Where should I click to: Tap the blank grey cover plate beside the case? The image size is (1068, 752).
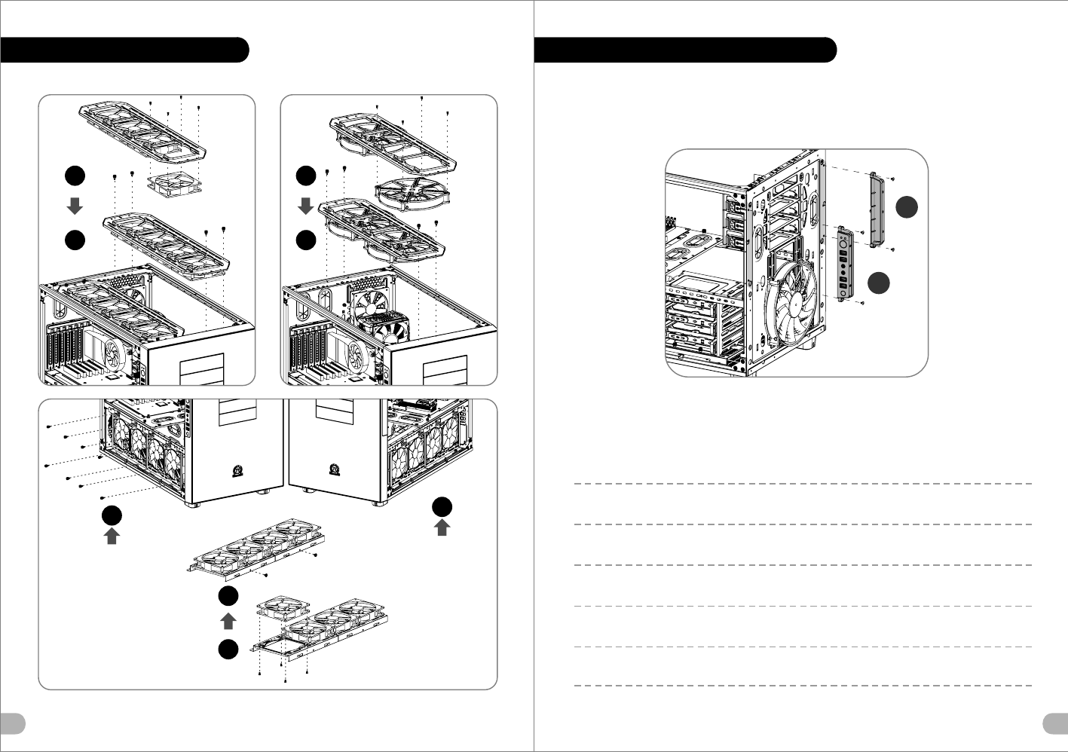876,208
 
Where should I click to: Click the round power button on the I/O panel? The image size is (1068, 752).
843,243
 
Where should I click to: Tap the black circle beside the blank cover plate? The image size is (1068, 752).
907,207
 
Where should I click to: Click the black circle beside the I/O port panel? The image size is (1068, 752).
878,283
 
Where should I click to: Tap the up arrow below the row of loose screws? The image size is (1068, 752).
112,536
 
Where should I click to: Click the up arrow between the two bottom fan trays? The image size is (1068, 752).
228,621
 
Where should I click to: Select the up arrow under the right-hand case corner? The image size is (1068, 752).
442,527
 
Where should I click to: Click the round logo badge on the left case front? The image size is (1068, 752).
236,472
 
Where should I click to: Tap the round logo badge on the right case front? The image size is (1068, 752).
333,470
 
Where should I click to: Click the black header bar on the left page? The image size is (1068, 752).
124,50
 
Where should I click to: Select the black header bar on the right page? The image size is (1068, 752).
685,50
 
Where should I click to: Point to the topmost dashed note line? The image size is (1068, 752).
803,484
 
